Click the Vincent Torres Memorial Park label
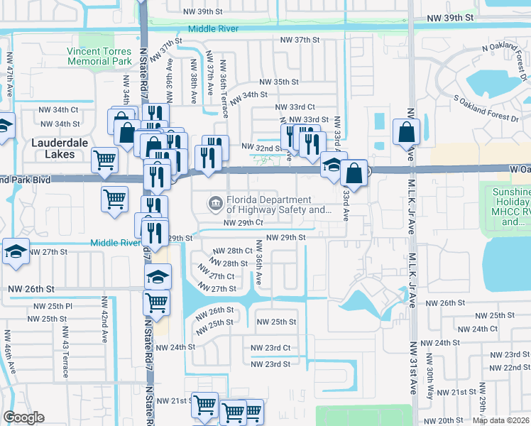(99, 56)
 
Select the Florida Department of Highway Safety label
(278, 205)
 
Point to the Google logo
(23, 418)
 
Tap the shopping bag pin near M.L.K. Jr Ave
(405, 132)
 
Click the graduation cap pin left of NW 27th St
(16, 252)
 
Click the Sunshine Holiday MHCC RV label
(510, 207)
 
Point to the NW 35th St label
(279, 82)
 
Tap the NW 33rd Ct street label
(295, 107)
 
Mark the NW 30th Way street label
(429, 383)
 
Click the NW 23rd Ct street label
(270, 348)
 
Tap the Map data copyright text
(500, 420)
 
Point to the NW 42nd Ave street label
(104, 324)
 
